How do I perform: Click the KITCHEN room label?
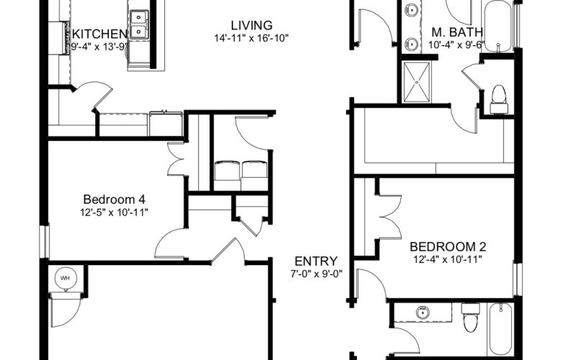(99, 34)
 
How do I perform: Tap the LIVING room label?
(251, 25)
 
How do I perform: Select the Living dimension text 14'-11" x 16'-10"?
(251, 38)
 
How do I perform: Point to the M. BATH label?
(457, 32)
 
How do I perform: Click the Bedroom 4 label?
(114, 199)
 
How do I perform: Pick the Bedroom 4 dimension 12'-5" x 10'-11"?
(114, 212)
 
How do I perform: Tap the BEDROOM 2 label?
(448, 246)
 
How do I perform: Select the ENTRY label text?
(316, 261)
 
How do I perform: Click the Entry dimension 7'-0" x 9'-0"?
(316, 274)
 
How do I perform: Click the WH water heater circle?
(66, 278)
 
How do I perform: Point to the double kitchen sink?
(139, 24)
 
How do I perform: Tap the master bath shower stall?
(417, 82)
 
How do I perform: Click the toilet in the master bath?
(499, 99)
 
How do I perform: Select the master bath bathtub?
(498, 27)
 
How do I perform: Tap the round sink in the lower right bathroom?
(423, 313)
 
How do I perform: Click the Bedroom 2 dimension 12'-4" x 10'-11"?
(448, 260)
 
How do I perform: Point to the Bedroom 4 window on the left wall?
(45, 241)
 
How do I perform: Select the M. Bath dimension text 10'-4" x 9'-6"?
(456, 45)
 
